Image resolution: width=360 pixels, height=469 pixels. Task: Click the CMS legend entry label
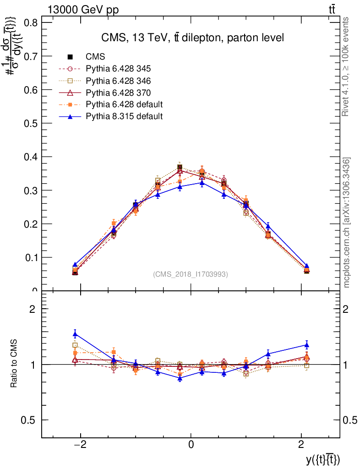point(96,57)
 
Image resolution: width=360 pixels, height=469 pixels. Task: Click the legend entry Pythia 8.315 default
point(124,116)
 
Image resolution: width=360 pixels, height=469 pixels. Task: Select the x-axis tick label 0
point(191,444)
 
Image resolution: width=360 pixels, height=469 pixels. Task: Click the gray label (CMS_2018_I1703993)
point(191,274)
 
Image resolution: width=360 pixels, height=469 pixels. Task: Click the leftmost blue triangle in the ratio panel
point(75,334)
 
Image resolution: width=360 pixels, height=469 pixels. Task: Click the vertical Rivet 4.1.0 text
point(346,66)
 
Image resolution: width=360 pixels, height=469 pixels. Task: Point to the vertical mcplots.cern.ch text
point(347,222)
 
